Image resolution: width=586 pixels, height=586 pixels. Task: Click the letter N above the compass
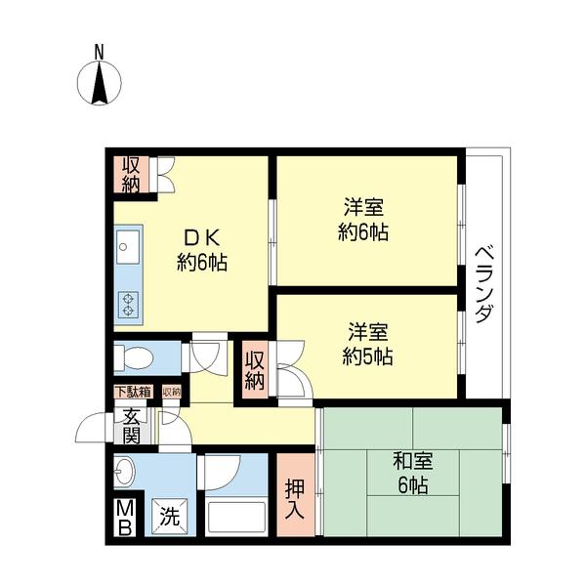(99, 52)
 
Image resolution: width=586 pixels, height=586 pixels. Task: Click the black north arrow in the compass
(100, 83)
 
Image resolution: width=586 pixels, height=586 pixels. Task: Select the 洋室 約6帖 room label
(363, 220)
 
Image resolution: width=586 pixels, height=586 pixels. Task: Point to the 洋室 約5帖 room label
(368, 344)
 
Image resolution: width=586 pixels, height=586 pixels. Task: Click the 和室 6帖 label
(412, 473)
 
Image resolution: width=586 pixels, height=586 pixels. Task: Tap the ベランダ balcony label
(483, 283)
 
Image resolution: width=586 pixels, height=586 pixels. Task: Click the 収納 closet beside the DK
(131, 175)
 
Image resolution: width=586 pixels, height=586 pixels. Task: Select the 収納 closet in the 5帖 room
(255, 371)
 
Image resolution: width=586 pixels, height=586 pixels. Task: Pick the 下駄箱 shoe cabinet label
(134, 392)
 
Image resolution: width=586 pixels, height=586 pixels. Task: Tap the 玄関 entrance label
(132, 426)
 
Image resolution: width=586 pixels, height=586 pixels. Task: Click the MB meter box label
(125, 519)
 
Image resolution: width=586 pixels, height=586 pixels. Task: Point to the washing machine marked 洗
(170, 517)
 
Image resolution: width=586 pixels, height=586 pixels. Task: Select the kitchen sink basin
(128, 247)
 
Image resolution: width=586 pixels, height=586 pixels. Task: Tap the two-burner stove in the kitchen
(128, 305)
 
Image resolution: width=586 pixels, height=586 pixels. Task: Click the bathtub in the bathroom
(236, 517)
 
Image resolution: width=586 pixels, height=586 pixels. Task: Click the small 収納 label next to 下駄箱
(172, 392)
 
